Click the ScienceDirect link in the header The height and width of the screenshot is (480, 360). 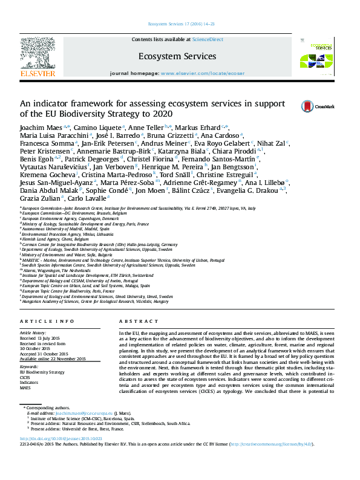tap(208, 39)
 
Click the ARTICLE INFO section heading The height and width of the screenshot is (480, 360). tap(47, 321)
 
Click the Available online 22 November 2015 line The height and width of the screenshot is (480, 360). tap(53, 359)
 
